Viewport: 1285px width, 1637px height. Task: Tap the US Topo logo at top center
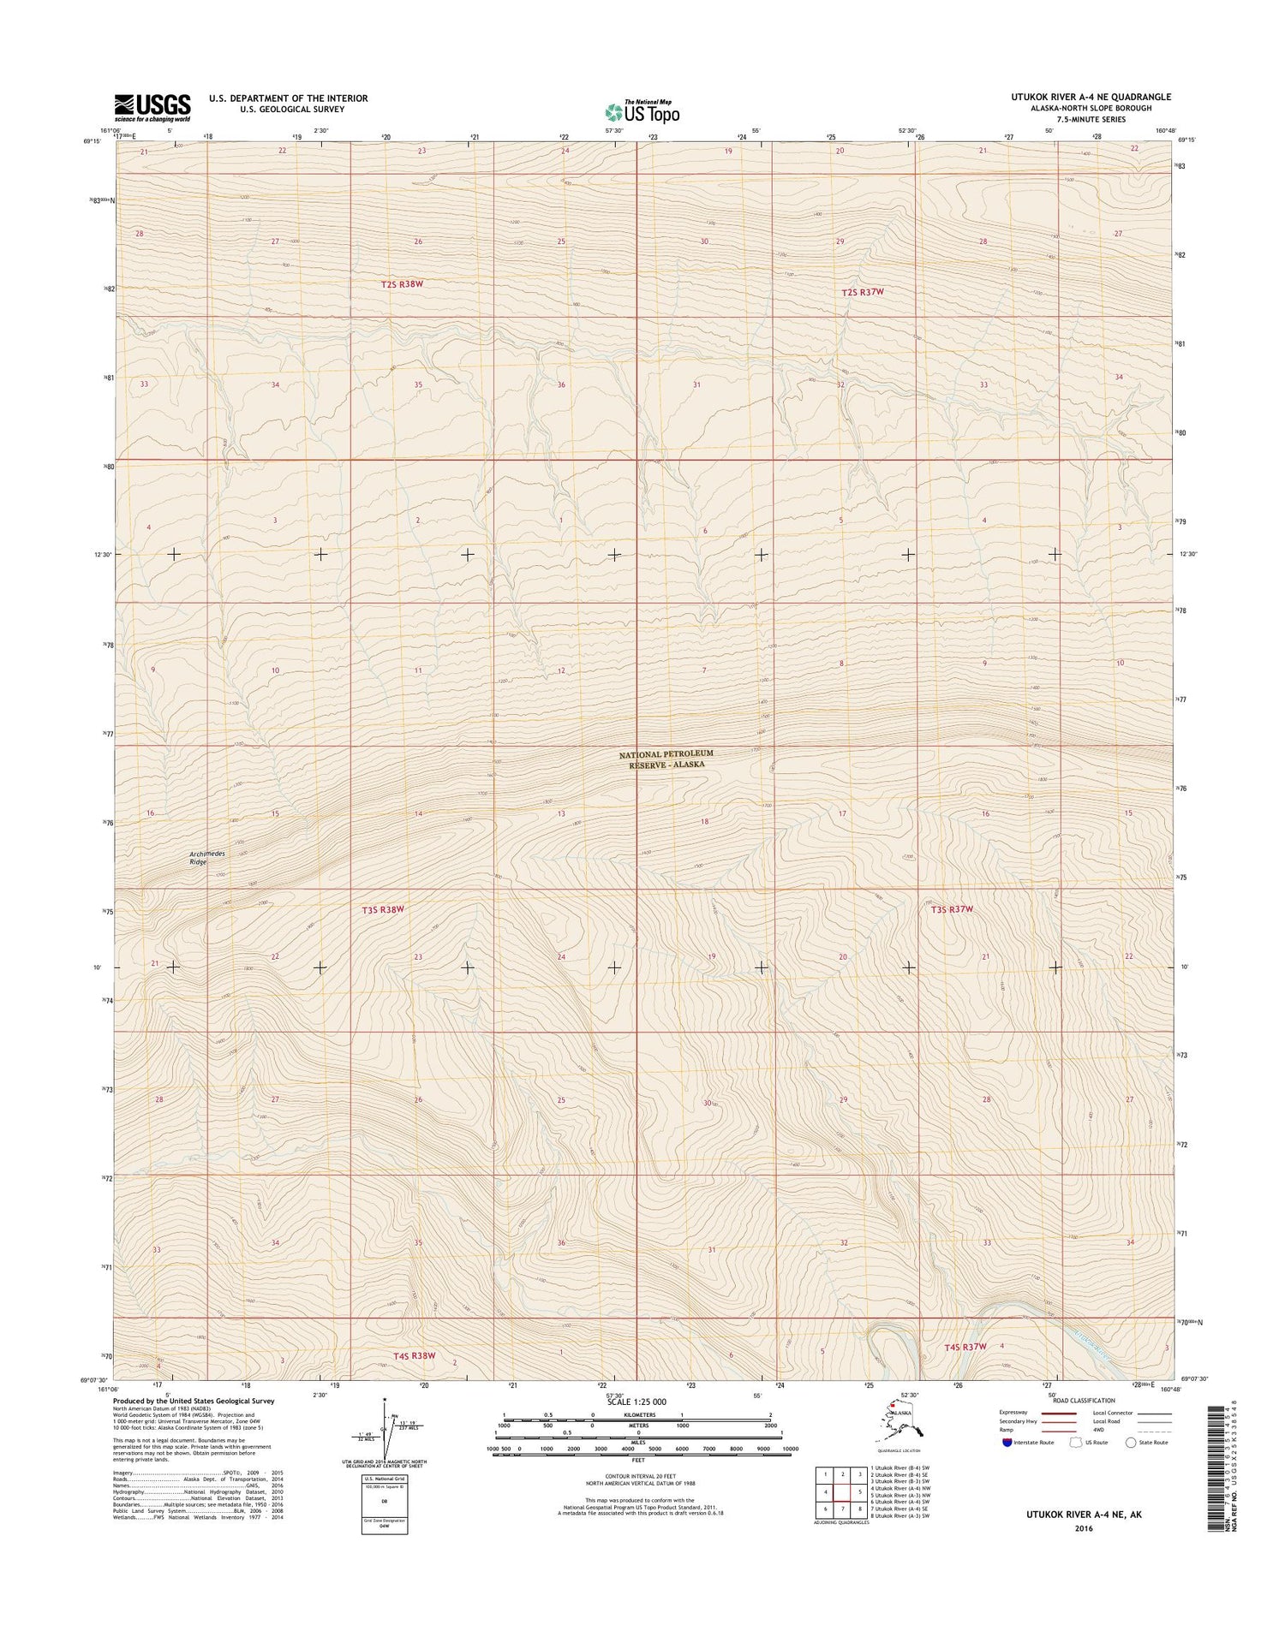tap(642, 111)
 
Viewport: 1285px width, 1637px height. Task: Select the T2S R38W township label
tap(403, 283)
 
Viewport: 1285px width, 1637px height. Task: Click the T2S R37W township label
tap(862, 292)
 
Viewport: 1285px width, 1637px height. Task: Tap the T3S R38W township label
tap(382, 909)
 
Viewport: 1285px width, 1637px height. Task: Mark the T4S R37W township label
tap(965, 1347)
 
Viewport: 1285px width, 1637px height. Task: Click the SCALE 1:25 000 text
tap(636, 1402)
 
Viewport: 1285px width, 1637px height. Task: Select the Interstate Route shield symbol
tap(1007, 1443)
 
